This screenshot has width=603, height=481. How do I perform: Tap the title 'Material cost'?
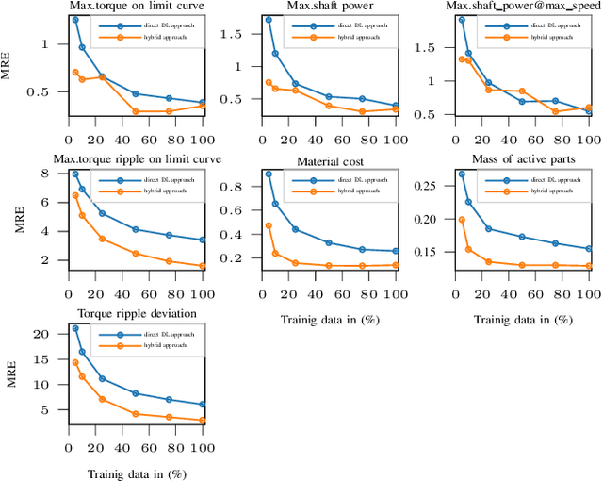(x=329, y=162)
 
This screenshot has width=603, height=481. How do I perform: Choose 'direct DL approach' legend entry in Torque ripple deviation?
(x=165, y=334)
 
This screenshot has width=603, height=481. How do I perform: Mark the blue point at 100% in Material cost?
(x=396, y=252)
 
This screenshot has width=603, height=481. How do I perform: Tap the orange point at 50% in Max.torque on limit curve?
(x=136, y=111)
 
